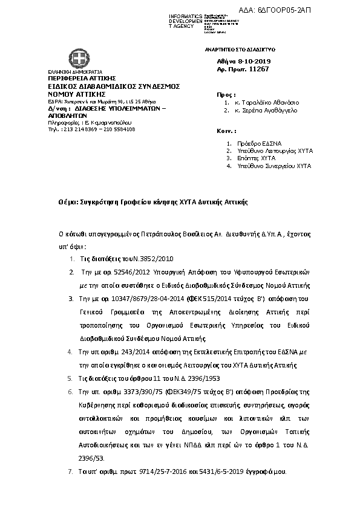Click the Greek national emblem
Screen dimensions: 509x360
coord(78,60)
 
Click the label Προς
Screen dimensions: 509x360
coord(222,95)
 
